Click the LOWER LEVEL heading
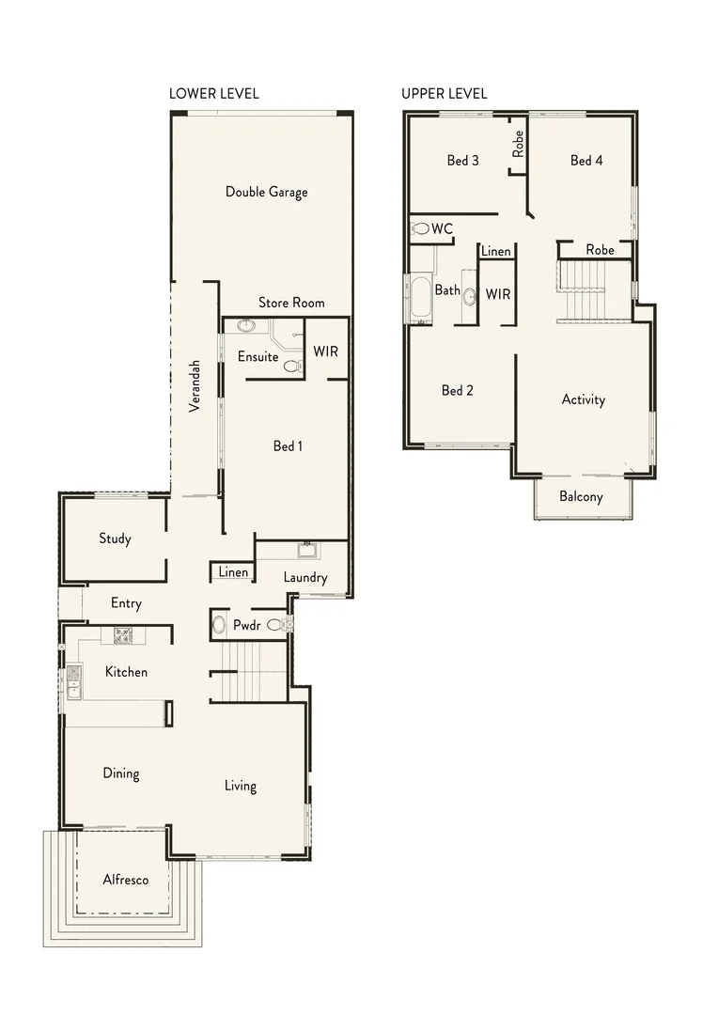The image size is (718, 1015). [x=213, y=94]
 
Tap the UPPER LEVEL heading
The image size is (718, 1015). [x=444, y=94]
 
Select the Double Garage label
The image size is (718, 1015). [x=266, y=192]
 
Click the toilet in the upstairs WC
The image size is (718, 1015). [x=421, y=228]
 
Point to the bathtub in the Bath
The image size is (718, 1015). [x=418, y=298]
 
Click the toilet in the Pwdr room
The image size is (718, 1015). [x=276, y=624]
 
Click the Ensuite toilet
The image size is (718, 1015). [x=291, y=367]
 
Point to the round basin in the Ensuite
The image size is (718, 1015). [x=245, y=326]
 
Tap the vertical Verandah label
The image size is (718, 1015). [x=195, y=385]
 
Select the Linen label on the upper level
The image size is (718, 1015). [x=495, y=252]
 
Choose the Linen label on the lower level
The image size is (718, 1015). [x=233, y=572]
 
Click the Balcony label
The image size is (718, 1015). [x=581, y=497]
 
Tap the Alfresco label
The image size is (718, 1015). [x=125, y=880]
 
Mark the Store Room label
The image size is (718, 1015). [x=291, y=303]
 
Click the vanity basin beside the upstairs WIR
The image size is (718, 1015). [x=469, y=296]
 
